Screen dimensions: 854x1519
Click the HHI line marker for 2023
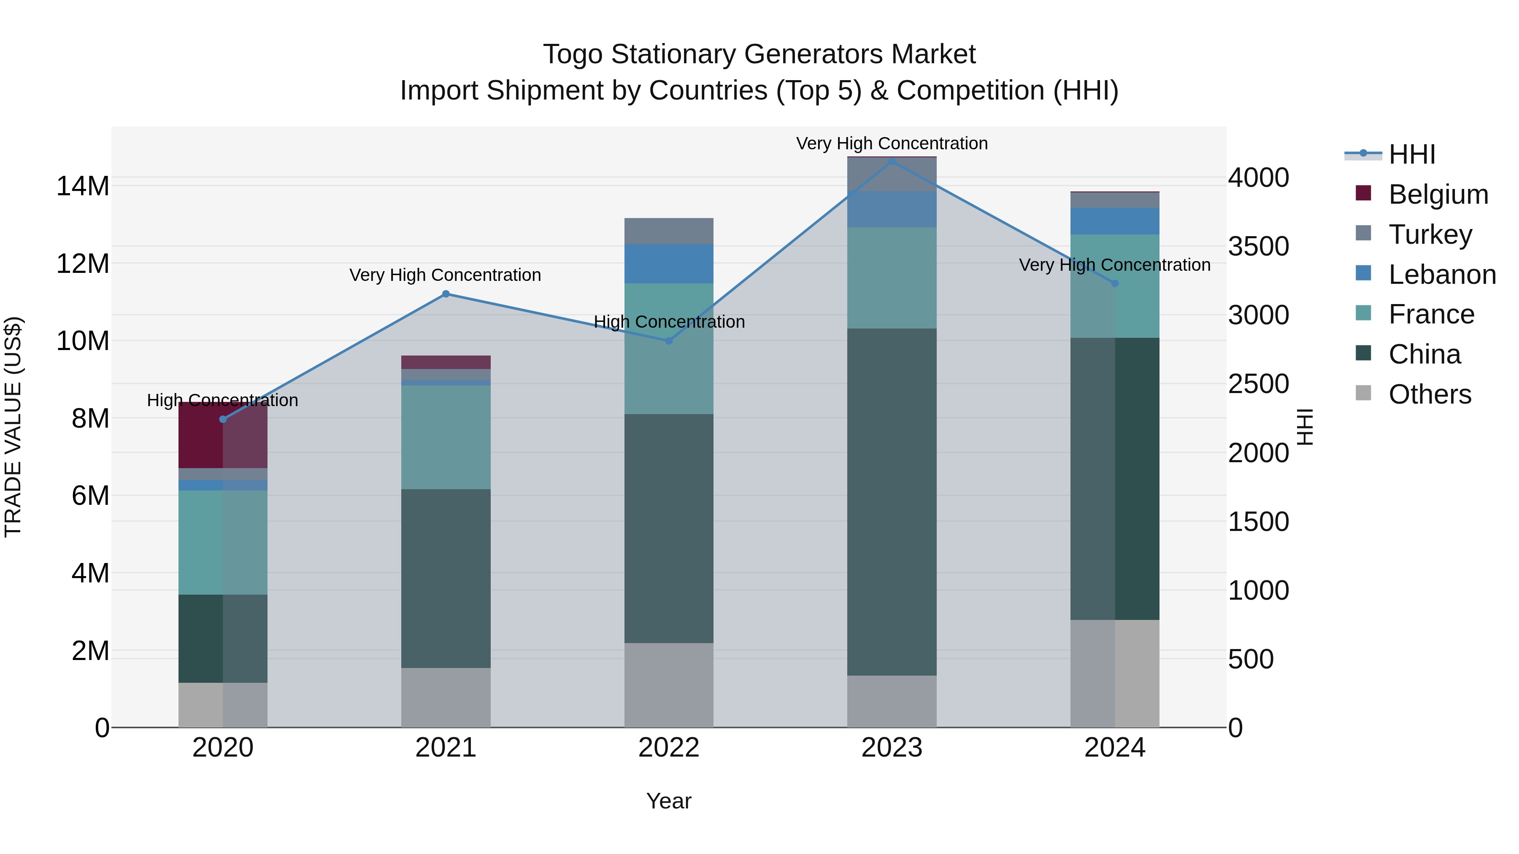pyautogui.click(x=892, y=161)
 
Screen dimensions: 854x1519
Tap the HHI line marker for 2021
pyautogui.click(x=446, y=294)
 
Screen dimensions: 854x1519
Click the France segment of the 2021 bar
pyautogui.click(x=446, y=437)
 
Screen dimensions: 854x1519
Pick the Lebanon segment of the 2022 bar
pyautogui.click(x=669, y=264)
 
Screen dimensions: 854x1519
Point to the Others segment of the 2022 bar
pyautogui.click(x=669, y=685)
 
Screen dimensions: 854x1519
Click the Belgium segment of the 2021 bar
pyautogui.click(x=446, y=362)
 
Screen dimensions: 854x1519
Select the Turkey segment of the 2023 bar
pyautogui.click(x=892, y=174)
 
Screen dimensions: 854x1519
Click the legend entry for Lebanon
pyautogui.click(x=1441, y=275)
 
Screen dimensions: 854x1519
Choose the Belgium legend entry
pyautogui.click(x=1438, y=194)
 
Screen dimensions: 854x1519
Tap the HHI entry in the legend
pyautogui.click(x=1411, y=154)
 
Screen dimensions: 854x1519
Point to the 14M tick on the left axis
pyautogui.click(x=83, y=186)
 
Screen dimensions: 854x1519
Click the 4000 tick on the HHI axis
pyautogui.click(x=1258, y=178)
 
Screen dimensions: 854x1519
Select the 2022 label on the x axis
pyautogui.click(x=669, y=748)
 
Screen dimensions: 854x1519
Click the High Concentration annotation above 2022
pyautogui.click(x=669, y=322)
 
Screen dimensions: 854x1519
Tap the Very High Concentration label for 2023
pyautogui.click(x=892, y=143)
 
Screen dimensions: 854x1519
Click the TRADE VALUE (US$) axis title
pyautogui.click(x=13, y=427)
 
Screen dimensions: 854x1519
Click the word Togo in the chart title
pyautogui.click(x=573, y=54)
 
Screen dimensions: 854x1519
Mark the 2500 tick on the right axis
pyautogui.click(x=1258, y=384)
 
